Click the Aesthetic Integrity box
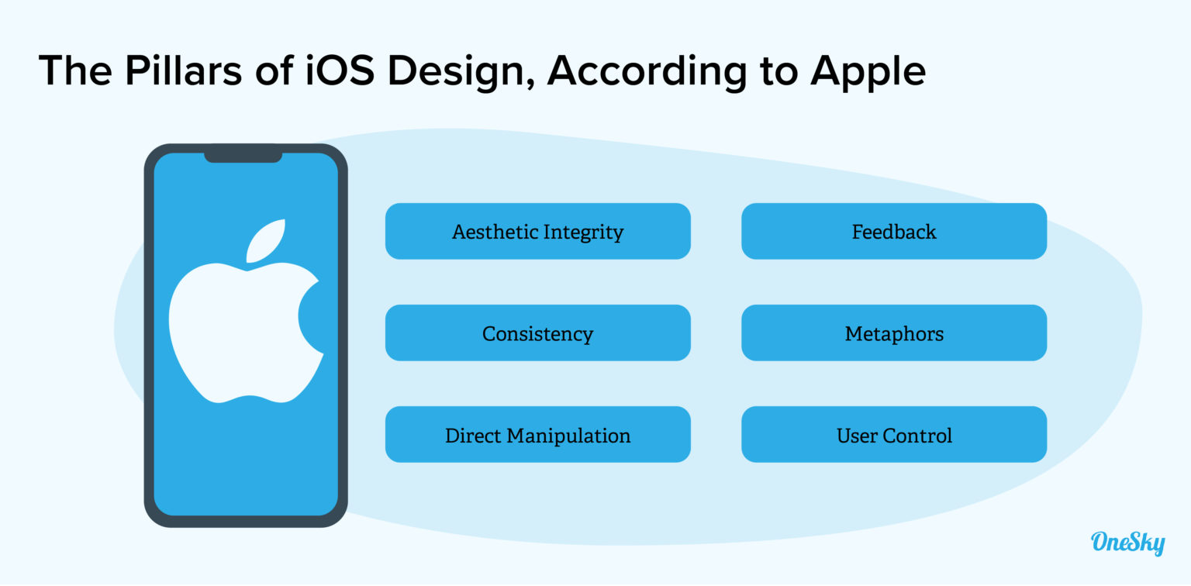(537, 231)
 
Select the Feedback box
(893, 231)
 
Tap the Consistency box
(537, 333)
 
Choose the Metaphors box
(893, 333)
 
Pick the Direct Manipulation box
(537, 435)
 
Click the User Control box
(893, 435)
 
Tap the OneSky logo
(1127, 542)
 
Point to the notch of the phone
(243, 155)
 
